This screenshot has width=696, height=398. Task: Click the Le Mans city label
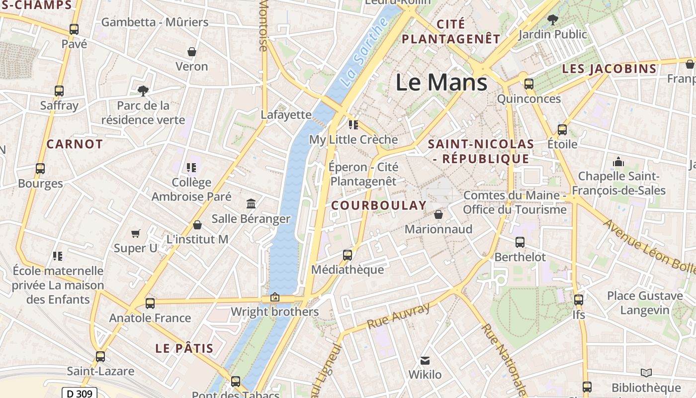click(x=441, y=82)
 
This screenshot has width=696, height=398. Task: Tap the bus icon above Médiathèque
click(x=348, y=255)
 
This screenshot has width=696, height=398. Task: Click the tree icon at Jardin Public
click(x=552, y=20)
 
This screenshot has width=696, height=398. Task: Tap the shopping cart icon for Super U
click(x=135, y=233)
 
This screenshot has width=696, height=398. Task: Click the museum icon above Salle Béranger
click(x=251, y=203)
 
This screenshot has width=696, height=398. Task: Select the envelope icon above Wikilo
click(x=425, y=360)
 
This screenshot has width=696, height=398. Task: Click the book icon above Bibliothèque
click(x=646, y=373)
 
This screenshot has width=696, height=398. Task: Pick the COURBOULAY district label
click(x=379, y=205)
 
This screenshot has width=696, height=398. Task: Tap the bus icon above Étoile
click(x=562, y=129)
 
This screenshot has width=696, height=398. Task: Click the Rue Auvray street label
click(x=398, y=316)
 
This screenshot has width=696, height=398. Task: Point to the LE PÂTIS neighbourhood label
click(x=184, y=348)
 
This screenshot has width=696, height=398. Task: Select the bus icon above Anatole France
click(x=150, y=303)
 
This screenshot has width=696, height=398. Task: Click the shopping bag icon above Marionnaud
click(x=438, y=214)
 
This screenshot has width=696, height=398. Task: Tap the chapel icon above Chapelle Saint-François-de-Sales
click(x=618, y=162)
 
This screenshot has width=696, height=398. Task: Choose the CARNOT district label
click(x=75, y=144)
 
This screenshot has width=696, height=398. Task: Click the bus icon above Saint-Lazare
click(x=100, y=356)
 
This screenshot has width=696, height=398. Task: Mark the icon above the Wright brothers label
click(x=274, y=297)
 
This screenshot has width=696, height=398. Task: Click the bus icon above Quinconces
click(x=529, y=84)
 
